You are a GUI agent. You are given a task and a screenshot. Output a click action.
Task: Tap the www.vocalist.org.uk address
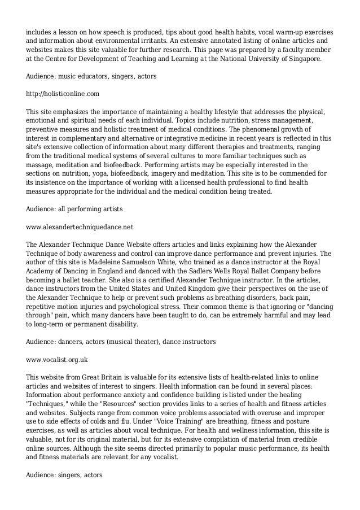click(x=57, y=359)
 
